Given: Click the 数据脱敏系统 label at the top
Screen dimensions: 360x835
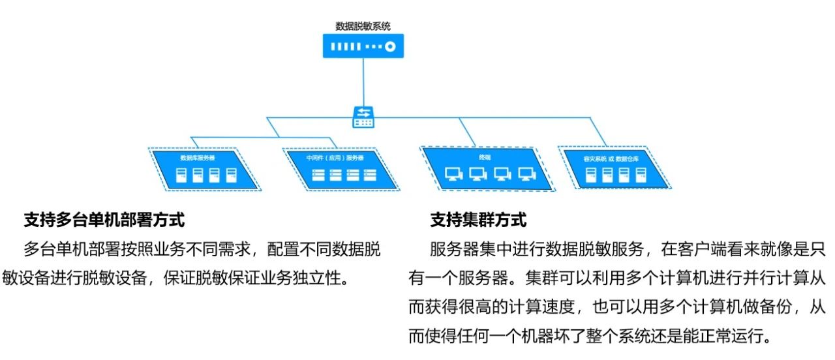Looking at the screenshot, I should pos(363,26).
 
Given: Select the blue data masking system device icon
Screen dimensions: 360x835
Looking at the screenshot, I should pos(363,46).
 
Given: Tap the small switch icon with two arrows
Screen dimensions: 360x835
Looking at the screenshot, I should pos(363,117).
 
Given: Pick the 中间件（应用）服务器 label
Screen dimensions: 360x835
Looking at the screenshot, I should pos(335,158).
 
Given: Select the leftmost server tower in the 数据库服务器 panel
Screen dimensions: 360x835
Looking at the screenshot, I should pos(181,175).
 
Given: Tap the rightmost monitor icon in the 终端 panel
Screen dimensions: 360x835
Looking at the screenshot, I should pos(526,174).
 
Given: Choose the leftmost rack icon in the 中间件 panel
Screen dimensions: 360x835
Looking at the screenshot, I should pos(318,175).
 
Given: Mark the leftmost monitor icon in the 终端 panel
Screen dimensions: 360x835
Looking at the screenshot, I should pos(452,174).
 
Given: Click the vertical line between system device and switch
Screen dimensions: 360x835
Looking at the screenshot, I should pos(363,82).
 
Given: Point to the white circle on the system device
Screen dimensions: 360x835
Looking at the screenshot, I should pos(390,47).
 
